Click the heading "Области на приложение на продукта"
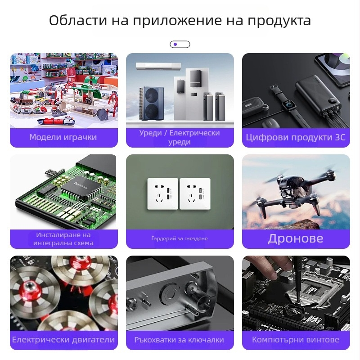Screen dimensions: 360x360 tap(180, 21)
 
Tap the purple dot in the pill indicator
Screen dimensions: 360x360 tap(175, 44)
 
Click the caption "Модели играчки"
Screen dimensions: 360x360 tap(63, 137)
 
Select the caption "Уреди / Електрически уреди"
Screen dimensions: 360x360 tap(180, 137)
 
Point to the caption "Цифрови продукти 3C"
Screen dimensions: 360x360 tap(296, 137)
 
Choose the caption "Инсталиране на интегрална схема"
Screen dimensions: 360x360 tap(63, 239)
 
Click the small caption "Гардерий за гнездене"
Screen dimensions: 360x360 tap(180, 238)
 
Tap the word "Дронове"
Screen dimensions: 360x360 tap(296, 238)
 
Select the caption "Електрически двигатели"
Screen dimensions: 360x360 tap(63, 340)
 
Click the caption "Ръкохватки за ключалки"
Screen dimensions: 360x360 tap(180, 340)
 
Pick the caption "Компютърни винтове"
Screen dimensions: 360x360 tap(296, 340)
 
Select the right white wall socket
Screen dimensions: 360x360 tap(195, 193)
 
